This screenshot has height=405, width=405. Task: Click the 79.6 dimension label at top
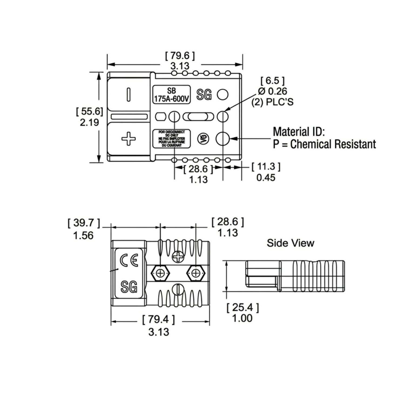tap(180, 56)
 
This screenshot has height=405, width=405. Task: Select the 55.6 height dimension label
tap(90, 111)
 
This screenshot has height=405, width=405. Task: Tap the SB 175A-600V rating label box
tap(171, 95)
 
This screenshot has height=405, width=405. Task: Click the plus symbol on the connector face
tap(129, 139)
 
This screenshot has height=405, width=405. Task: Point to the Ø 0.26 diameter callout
tap(272, 91)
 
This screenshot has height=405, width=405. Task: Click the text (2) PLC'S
tap(272, 102)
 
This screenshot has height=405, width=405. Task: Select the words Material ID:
tap(299, 132)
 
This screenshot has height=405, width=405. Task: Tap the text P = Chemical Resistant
tap(324, 144)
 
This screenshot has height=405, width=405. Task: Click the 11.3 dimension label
tap(266, 167)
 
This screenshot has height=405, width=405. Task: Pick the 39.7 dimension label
tap(84, 223)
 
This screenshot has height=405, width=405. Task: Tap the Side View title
tap(291, 243)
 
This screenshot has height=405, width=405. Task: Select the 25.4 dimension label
tap(243, 308)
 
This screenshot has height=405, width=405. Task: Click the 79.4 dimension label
tap(158, 320)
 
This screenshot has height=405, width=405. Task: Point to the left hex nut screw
tap(160, 273)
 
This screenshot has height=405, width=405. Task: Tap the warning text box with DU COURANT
tap(171, 139)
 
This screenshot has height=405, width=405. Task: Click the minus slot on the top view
tap(129, 94)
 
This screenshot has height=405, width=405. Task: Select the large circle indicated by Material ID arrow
tap(222, 139)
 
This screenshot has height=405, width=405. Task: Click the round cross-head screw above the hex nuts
tap(178, 257)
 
